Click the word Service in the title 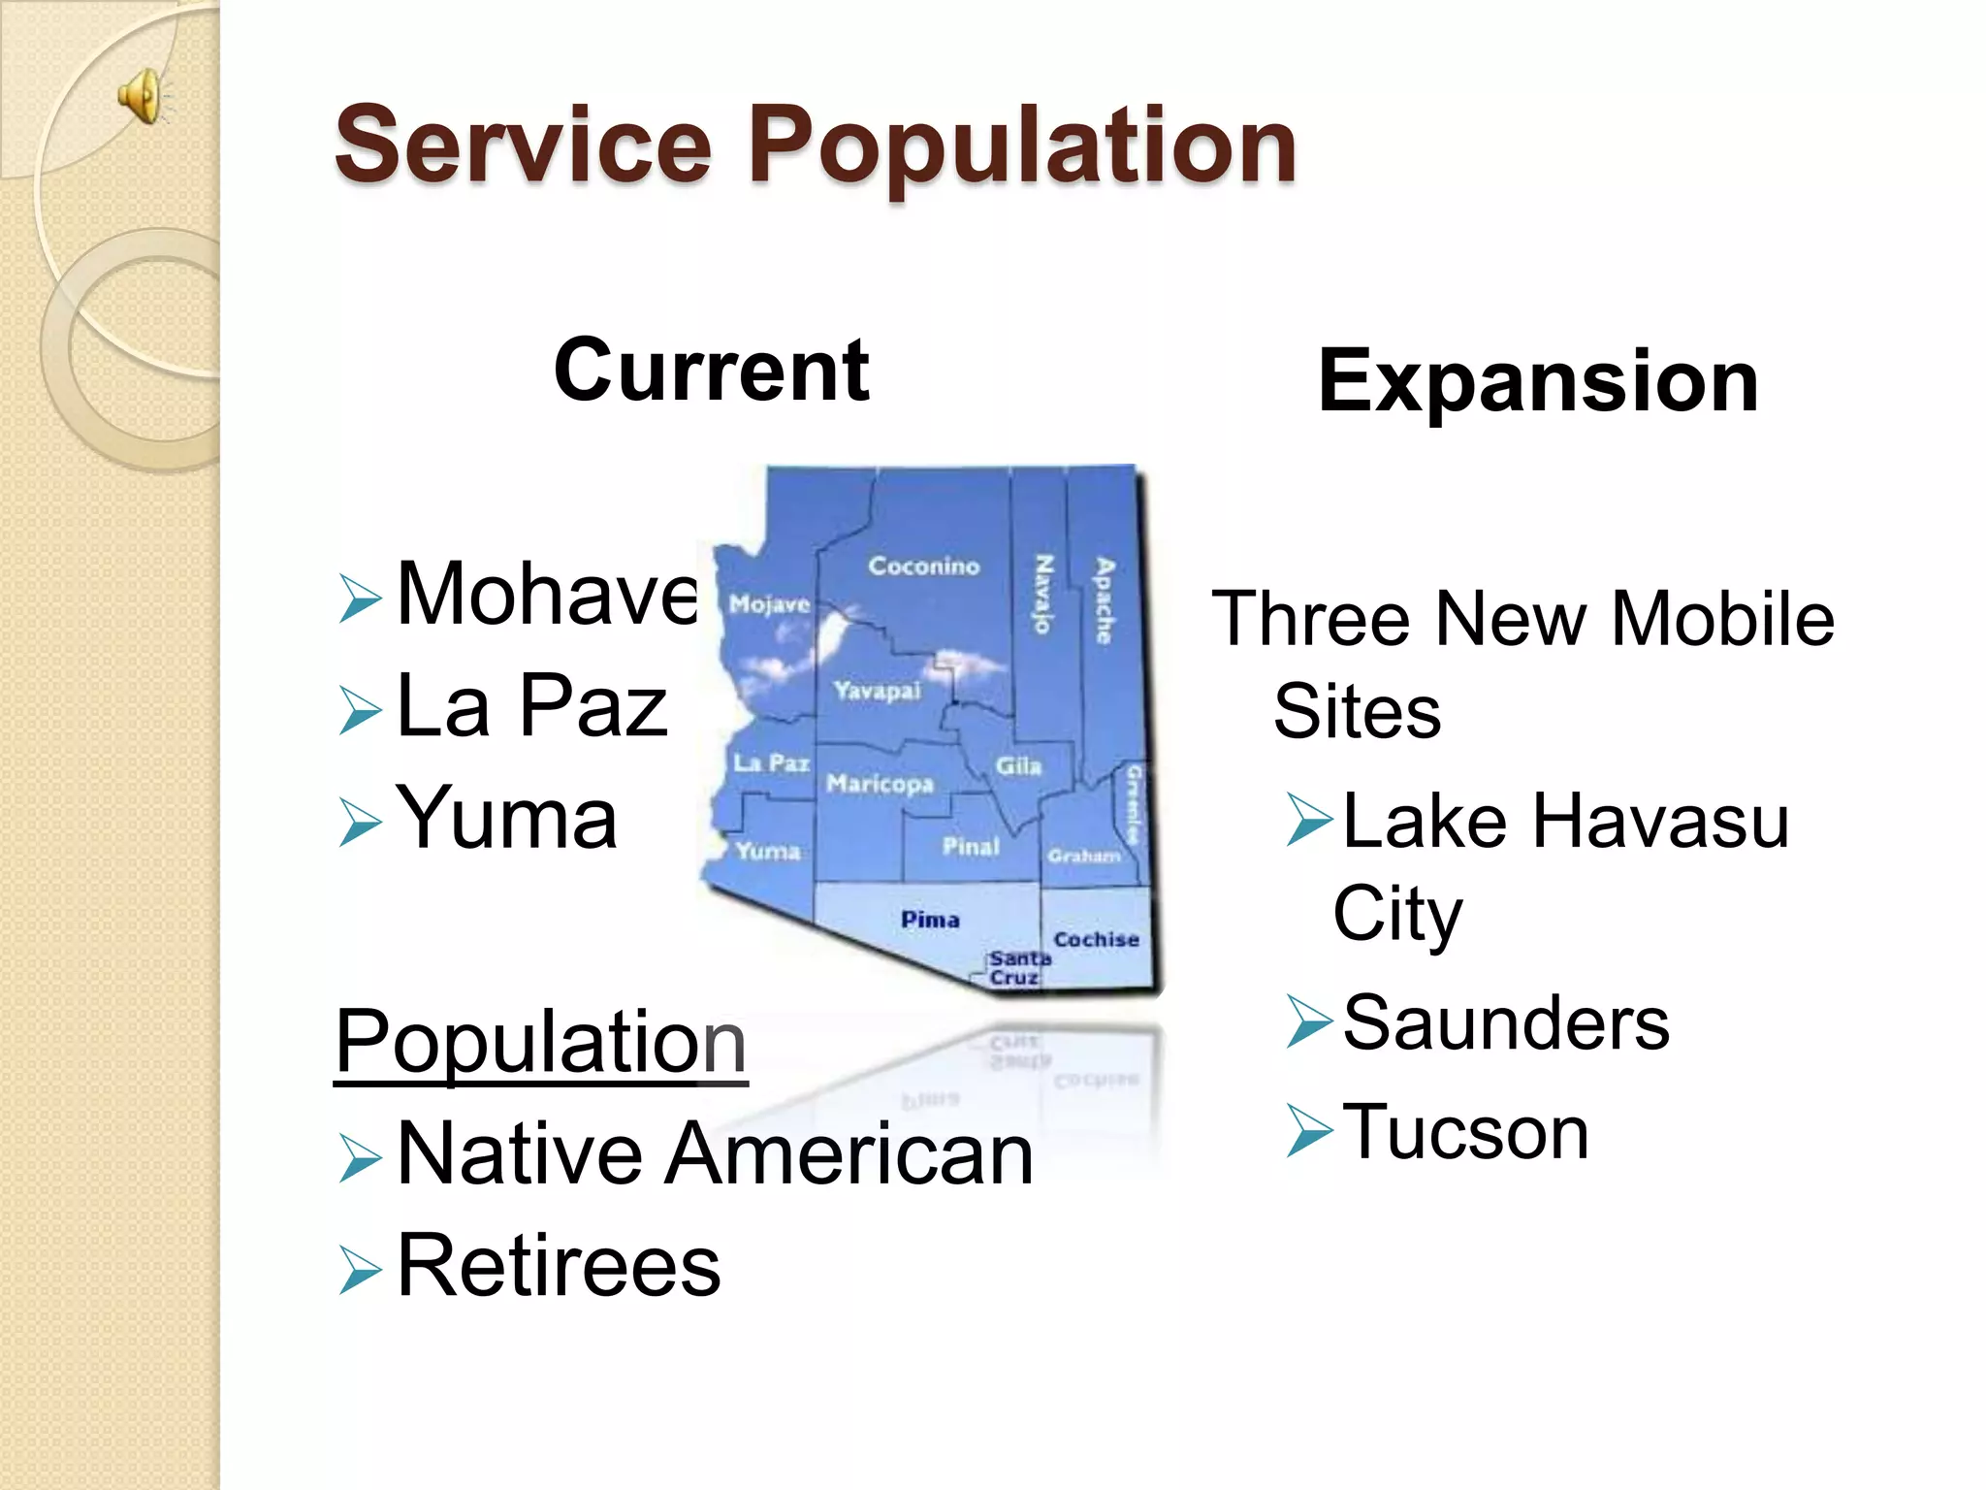click(523, 146)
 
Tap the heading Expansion click(1538, 381)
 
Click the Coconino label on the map click(923, 566)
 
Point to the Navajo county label click(1043, 594)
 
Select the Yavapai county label click(877, 691)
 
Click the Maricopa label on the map click(880, 783)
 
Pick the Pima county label click(930, 919)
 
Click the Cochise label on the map click(1096, 939)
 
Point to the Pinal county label click(971, 847)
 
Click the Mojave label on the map click(769, 604)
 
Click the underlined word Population click(540, 1042)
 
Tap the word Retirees click(559, 1266)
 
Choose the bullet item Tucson click(1464, 1132)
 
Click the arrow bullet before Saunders click(1309, 1024)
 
